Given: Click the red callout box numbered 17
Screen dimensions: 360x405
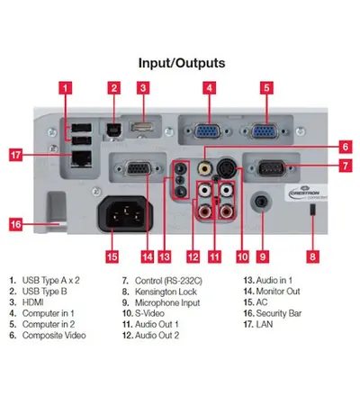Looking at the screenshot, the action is [15, 155].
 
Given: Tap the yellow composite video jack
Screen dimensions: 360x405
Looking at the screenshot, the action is [205, 168].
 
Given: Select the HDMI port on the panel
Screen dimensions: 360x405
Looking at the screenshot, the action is [142, 127].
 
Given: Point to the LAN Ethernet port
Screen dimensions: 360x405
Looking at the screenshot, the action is [81, 159].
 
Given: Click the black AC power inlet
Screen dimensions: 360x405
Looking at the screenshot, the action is [125, 214].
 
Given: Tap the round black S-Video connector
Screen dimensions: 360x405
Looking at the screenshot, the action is [227, 168].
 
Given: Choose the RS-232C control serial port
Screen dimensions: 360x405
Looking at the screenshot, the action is [271, 168].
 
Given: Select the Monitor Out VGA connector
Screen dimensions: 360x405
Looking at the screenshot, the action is [139, 168].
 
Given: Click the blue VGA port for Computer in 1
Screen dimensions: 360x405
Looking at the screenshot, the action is [208, 131].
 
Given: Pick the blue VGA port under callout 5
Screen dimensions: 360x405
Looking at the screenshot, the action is [265, 131].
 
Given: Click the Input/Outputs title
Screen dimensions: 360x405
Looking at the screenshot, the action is [182, 63].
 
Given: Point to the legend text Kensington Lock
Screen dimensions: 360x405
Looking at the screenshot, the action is [166, 292].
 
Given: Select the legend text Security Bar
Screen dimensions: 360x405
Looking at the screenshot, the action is [279, 313].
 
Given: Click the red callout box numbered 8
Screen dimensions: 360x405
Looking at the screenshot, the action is [312, 256].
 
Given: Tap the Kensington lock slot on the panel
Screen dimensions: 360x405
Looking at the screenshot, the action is [312, 210].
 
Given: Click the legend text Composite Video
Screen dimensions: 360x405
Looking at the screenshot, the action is [54, 336].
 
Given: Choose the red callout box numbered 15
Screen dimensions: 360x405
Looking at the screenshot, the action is [112, 256].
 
